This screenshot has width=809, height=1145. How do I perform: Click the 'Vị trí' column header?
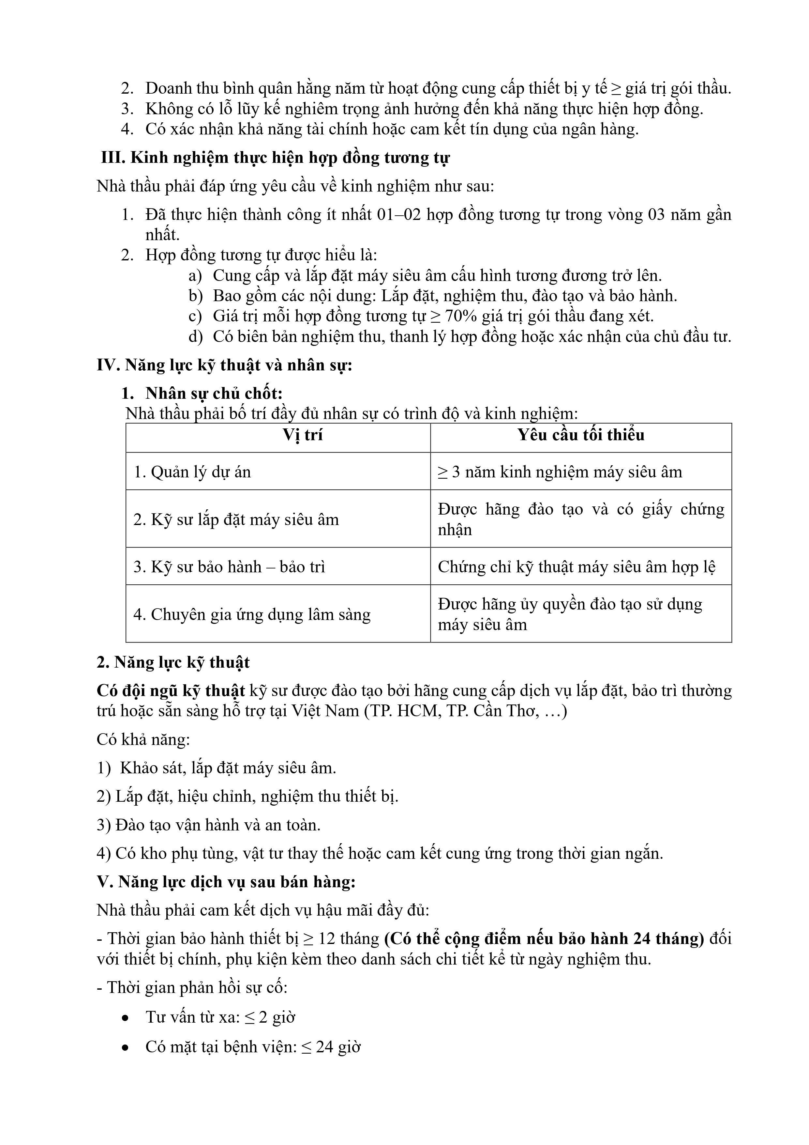tap(303, 435)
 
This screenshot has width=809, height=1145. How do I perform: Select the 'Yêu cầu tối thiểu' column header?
tap(581, 435)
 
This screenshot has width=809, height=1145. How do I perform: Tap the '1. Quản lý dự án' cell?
tap(192, 472)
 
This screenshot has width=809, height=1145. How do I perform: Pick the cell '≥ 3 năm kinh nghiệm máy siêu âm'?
tap(560, 472)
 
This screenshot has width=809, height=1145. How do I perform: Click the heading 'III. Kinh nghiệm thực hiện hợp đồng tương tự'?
tap(275, 158)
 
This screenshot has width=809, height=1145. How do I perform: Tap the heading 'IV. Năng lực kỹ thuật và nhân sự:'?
tap(225, 365)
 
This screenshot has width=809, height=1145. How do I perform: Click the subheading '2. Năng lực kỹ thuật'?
tap(173, 663)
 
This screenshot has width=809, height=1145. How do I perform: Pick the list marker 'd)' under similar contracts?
tap(195, 337)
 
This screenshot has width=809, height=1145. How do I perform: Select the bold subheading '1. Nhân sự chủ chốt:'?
tap(202, 394)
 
